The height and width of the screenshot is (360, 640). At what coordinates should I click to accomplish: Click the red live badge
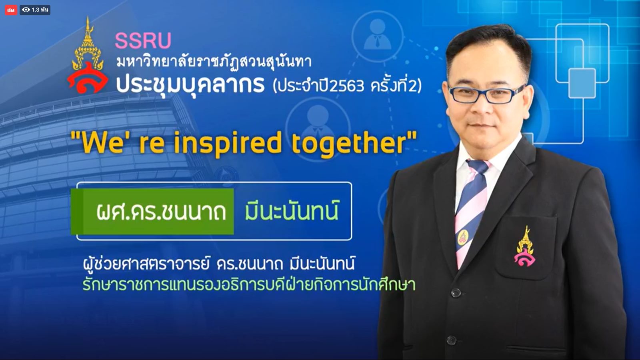(x=11, y=10)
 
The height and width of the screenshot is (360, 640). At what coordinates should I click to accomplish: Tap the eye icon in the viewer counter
(x=26, y=10)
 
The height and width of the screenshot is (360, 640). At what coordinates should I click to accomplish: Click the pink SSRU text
(x=143, y=40)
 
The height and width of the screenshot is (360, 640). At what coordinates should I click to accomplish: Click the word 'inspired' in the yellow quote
(x=228, y=144)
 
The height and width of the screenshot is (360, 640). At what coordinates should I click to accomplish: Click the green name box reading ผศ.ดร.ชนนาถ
(x=152, y=212)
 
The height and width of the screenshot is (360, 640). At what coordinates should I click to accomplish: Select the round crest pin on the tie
(x=463, y=237)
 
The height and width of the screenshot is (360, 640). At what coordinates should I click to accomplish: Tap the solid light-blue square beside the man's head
(x=582, y=83)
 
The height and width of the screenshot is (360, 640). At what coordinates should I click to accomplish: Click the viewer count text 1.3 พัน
(x=40, y=10)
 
